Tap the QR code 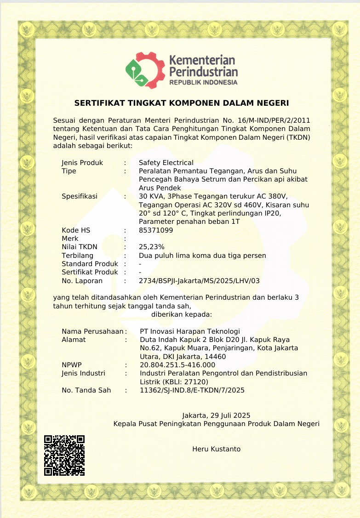click(64, 455)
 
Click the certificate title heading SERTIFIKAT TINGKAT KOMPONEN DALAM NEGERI click(182, 102)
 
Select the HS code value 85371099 click(156, 230)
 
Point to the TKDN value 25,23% click(151, 247)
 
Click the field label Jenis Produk click(82, 163)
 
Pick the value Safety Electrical click(166, 163)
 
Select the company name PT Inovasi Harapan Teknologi click(189, 331)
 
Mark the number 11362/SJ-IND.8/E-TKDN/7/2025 click(192, 390)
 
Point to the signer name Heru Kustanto click(216, 449)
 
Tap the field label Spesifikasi click(80, 196)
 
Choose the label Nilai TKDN click(80, 247)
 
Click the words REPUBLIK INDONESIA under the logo click(203, 82)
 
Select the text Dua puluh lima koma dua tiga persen click(202, 256)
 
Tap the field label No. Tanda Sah click(86, 390)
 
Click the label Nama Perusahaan click(92, 331)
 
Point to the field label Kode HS click(76, 230)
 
